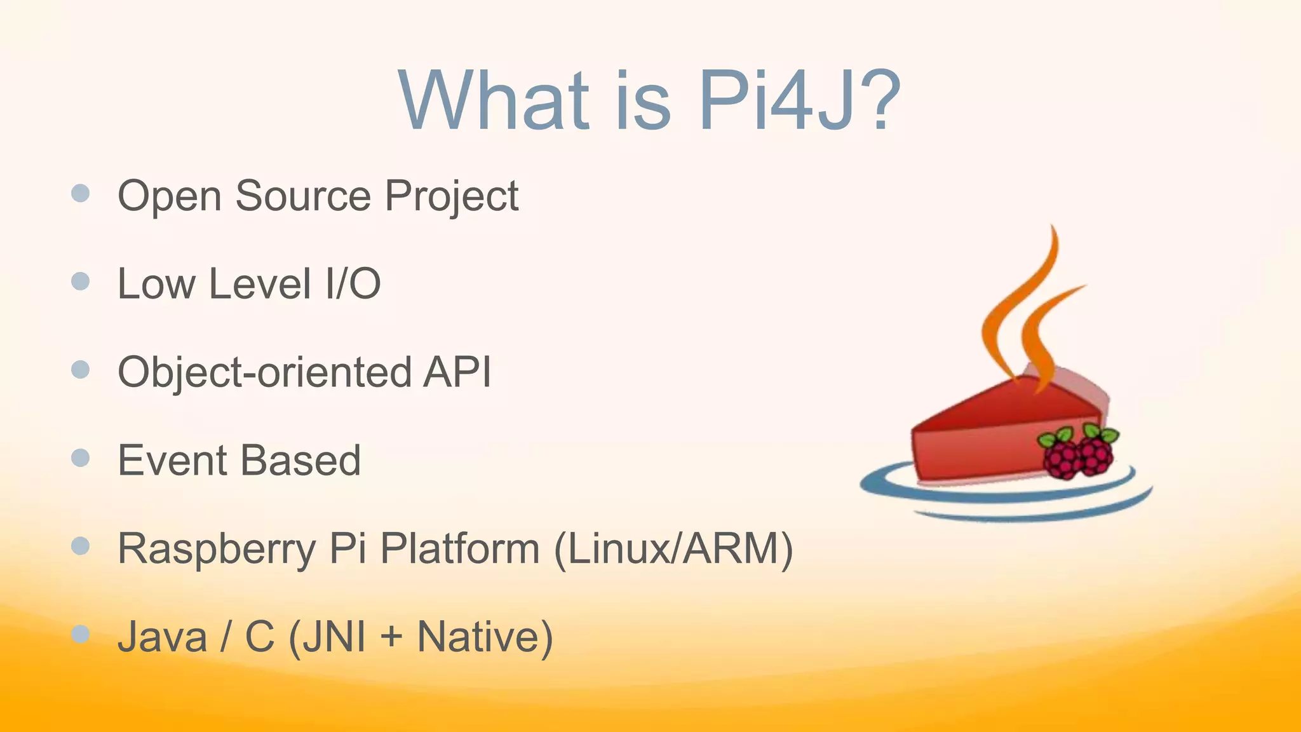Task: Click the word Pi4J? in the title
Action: [799, 102]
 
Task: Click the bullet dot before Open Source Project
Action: [81, 193]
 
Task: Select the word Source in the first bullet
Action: [302, 196]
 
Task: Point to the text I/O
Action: [353, 283]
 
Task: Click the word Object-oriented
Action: [264, 372]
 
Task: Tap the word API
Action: [457, 372]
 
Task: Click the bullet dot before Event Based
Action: [81, 457]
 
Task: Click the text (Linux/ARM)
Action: [673, 548]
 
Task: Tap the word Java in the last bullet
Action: [163, 637]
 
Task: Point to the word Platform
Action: [460, 548]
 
